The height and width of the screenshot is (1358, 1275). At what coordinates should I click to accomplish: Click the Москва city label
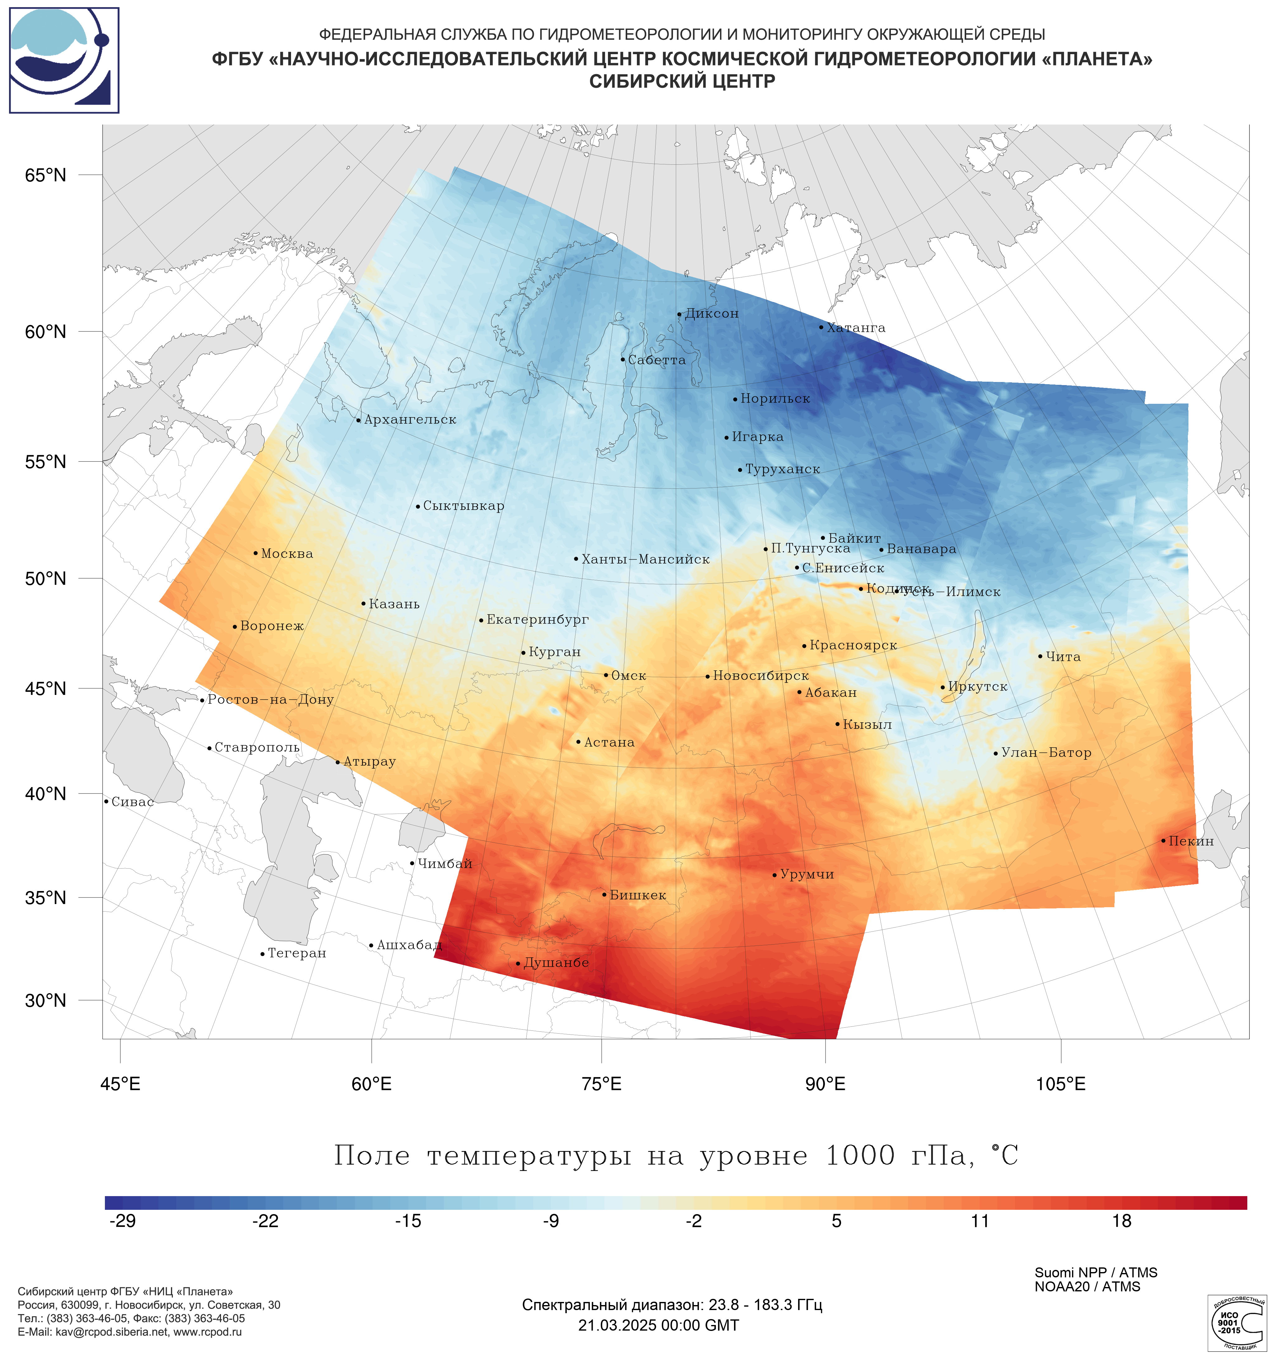click(287, 554)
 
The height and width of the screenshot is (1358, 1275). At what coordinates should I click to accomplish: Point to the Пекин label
click(1190, 842)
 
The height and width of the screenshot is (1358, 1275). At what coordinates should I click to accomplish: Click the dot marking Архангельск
click(359, 421)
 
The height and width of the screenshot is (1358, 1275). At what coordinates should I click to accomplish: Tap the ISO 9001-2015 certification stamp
click(1236, 1323)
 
